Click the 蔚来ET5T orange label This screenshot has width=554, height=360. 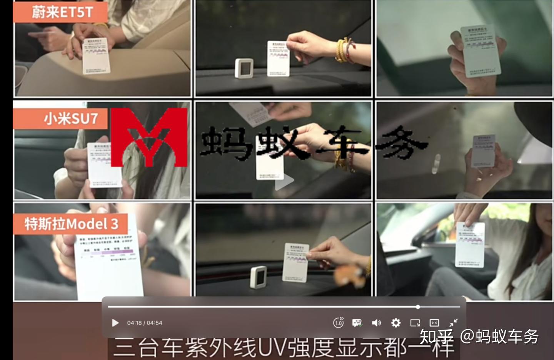[60, 12]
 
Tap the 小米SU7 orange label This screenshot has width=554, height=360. [60, 119]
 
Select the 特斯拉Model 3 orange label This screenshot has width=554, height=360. [71, 224]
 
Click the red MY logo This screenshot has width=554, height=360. [149, 137]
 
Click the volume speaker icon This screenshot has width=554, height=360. [376, 323]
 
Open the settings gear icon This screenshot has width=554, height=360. [395, 323]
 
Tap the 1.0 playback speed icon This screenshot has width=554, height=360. [338, 323]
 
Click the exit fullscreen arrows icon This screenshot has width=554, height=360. [454, 323]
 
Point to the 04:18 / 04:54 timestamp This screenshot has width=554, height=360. [145, 323]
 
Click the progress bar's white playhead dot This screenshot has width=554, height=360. [418, 307]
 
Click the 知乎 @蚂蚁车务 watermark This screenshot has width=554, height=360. [479, 337]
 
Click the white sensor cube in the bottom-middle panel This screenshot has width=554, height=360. [258, 277]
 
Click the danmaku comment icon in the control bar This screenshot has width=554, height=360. [357, 323]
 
